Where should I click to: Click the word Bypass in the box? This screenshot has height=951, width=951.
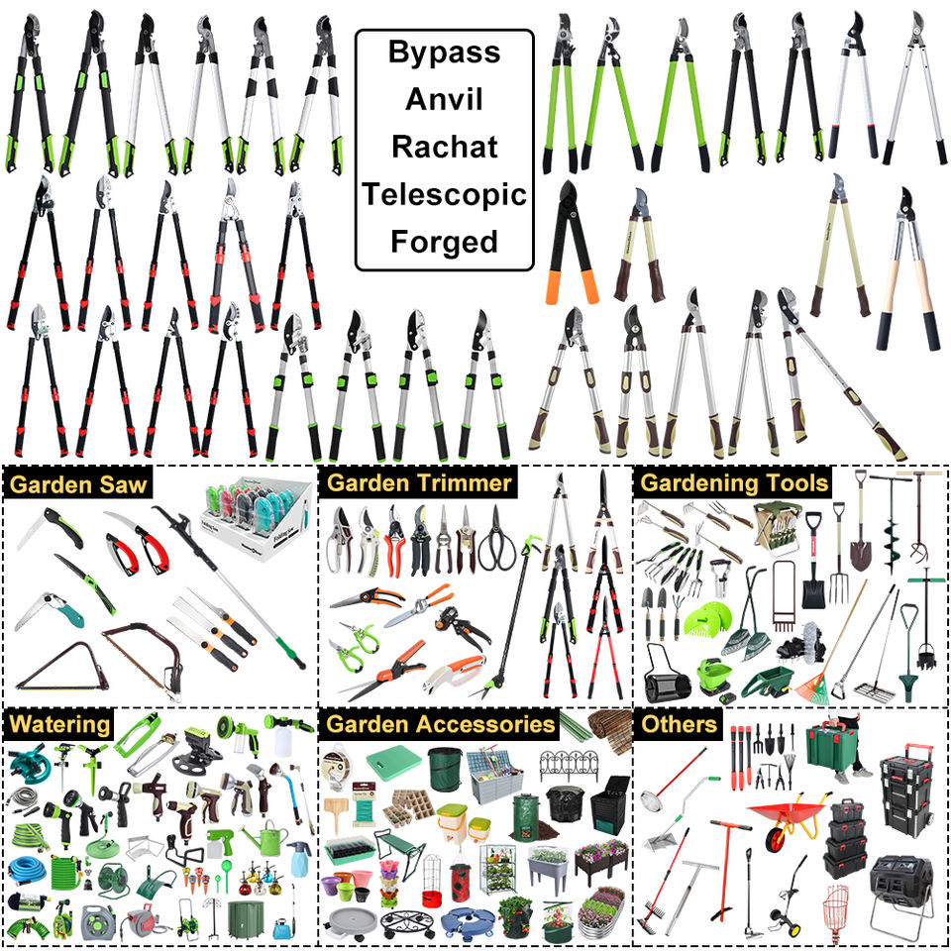pyautogui.click(x=445, y=53)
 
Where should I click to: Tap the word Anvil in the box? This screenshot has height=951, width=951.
pyautogui.click(x=444, y=99)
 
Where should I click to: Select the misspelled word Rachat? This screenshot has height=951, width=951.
pyautogui.click(x=445, y=147)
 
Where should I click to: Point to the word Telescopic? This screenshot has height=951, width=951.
pyautogui.click(x=445, y=195)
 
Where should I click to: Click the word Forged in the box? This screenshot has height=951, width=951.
pyautogui.click(x=445, y=242)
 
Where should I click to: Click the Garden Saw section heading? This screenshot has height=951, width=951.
pyautogui.click(x=78, y=484)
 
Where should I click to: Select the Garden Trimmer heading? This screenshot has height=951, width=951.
pyautogui.click(x=419, y=482)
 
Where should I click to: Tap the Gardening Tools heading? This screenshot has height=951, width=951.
pyautogui.click(x=734, y=482)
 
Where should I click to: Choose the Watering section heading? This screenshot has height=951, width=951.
pyautogui.click(x=60, y=724)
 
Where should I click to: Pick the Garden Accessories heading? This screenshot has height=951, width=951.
pyautogui.click(x=440, y=724)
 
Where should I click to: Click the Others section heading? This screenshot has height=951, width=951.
pyautogui.click(x=679, y=724)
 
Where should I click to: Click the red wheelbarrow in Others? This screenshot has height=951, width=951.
pyautogui.click(x=788, y=815)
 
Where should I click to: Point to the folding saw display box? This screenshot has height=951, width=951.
pyautogui.click(x=257, y=517)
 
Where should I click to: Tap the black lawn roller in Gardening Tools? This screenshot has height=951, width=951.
pyautogui.click(x=666, y=677)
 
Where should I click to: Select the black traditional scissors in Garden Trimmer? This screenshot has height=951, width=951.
pyautogui.click(x=496, y=540)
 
